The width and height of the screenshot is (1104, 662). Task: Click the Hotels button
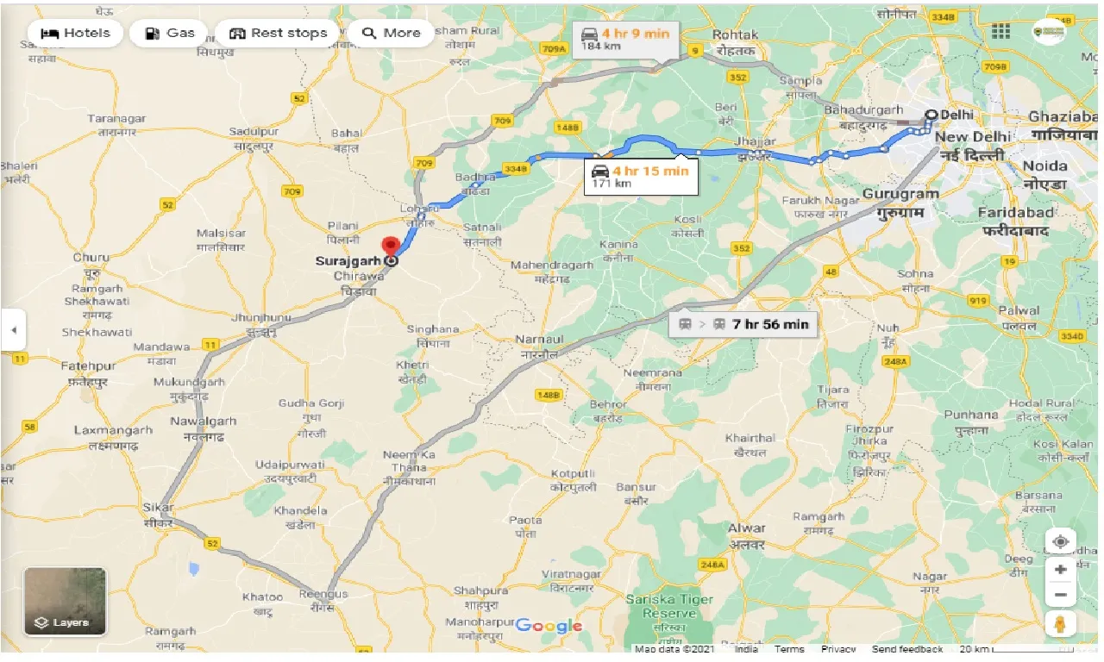[x=76, y=34]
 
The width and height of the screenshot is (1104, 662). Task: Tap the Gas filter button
[x=170, y=34]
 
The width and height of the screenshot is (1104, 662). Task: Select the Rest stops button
[x=278, y=34]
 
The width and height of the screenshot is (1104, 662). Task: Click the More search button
[x=392, y=34]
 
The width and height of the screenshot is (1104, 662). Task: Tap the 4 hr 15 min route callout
[x=637, y=176]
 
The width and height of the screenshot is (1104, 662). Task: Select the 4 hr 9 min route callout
[x=625, y=40]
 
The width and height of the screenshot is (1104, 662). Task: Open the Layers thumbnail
[x=65, y=601]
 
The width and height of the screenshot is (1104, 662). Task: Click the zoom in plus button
[x=1060, y=570]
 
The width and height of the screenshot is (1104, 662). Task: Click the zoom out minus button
[x=1060, y=595]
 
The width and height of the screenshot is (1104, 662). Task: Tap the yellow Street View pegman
[x=1060, y=623]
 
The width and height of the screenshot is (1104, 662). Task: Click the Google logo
[x=549, y=627]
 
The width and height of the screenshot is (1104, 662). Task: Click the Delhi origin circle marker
[x=931, y=115]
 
